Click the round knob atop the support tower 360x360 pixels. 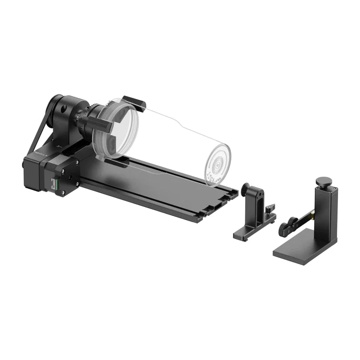[324, 181]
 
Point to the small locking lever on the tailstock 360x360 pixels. [270, 209]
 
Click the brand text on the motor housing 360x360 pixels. [39, 157]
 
